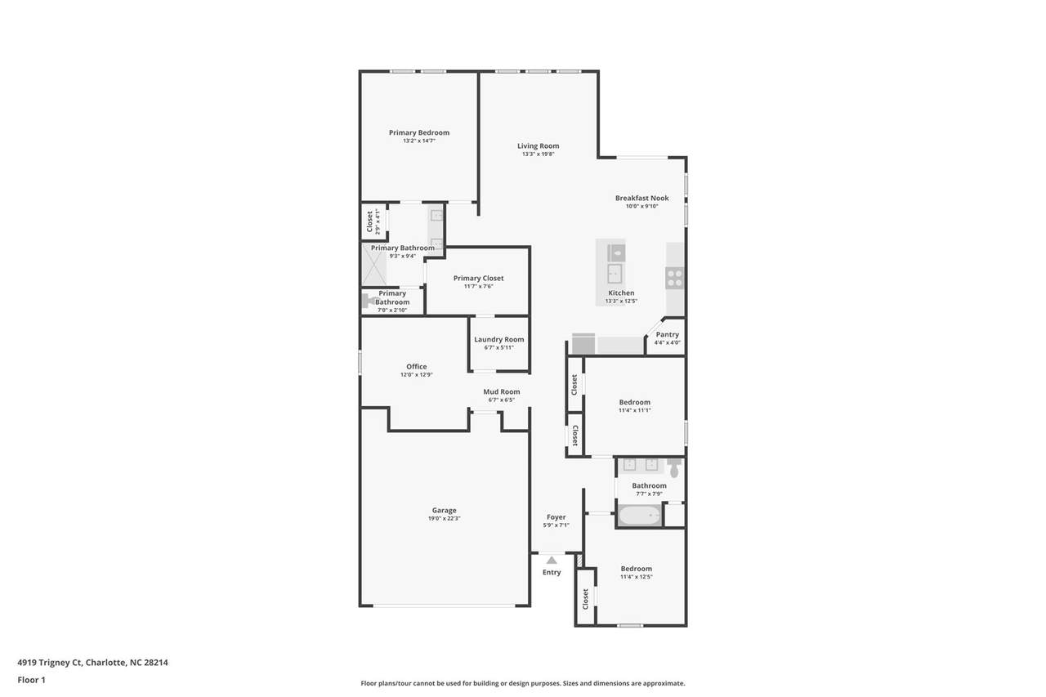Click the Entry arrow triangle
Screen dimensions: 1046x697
[552, 561]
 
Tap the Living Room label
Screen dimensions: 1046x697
[538, 146]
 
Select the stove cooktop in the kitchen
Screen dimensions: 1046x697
[675, 279]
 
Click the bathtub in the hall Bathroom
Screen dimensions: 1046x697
[639, 516]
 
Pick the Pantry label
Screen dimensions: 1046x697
[668, 335]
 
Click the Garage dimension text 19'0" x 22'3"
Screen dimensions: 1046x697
[444, 519]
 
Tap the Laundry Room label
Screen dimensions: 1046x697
[498, 340]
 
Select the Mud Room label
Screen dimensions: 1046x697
[502, 392]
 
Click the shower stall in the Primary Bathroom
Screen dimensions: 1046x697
[374, 265]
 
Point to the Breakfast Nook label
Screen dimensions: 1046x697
[642, 199]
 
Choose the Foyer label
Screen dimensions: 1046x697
[557, 517]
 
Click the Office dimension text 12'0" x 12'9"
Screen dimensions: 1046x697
[417, 375]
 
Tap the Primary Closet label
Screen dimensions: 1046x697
[479, 279]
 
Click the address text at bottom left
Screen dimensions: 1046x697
[93, 663]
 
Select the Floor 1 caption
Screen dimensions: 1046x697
[31, 680]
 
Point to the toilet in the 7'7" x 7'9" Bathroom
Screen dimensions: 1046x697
[674, 467]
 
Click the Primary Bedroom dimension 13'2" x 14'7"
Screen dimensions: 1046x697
[419, 141]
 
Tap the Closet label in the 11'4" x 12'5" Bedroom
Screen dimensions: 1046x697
[585, 599]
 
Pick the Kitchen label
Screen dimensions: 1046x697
[621, 293]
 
